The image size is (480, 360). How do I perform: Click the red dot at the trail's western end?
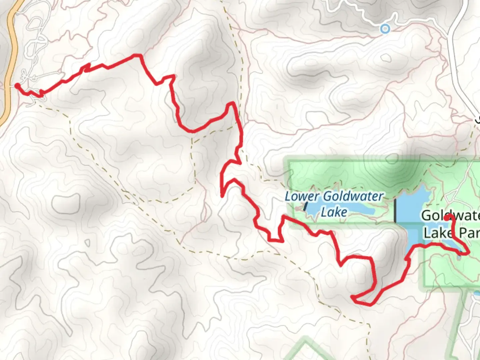tap(17, 86)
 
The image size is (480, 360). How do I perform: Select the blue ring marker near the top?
tap(385, 29)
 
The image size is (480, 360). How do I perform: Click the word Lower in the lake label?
tap(302, 196)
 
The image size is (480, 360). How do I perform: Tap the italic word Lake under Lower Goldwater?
tap(334, 212)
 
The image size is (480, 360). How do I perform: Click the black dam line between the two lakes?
tap(395, 210)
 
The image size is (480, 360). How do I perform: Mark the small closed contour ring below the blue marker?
tap(386, 57)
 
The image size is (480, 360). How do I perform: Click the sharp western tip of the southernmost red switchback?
tap(352, 296)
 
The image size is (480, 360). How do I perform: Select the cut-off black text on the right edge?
tap(477, 119)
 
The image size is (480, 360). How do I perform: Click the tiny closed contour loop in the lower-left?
tap(88, 242)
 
